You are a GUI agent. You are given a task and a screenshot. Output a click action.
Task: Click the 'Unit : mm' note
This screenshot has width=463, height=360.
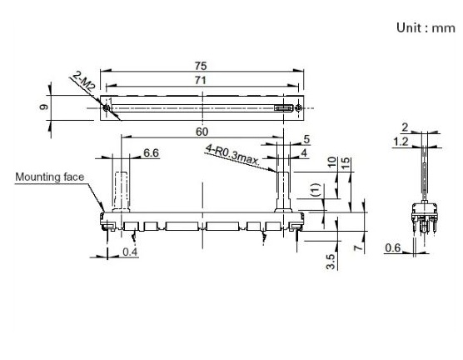(x=426, y=28)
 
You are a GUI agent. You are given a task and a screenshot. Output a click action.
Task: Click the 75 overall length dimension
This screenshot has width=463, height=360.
(x=201, y=66)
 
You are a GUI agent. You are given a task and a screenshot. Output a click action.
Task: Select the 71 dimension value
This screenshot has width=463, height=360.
(x=201, y=80)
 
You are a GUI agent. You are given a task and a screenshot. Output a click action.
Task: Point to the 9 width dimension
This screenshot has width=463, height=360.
(x=43, y=107)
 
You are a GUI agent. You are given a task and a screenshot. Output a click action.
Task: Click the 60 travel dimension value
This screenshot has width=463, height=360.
(x=202, y=132)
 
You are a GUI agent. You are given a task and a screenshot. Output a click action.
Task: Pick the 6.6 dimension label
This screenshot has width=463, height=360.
(x=151, y=152)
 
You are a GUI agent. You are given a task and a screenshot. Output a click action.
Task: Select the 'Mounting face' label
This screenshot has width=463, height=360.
(x=50, y=177)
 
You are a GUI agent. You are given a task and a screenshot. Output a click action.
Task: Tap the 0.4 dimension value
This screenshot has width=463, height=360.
(x=130, y=252)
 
